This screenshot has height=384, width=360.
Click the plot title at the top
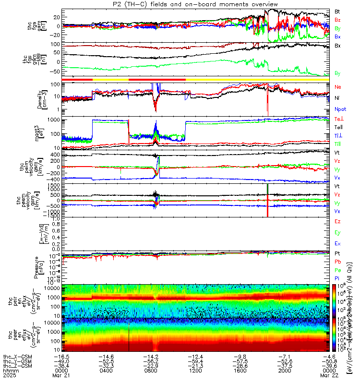click(x=180, y=4)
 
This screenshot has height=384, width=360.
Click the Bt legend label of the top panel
click(x=337, y=11)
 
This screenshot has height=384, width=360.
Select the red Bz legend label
click(x=337, y=20)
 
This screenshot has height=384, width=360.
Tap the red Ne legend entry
click(x=337, y=87)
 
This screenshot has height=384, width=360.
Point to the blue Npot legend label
click(x=339, y=109)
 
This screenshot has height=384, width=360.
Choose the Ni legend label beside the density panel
click(x=337, y=98)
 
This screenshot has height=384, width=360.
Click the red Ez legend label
click(x=337, y=221)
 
